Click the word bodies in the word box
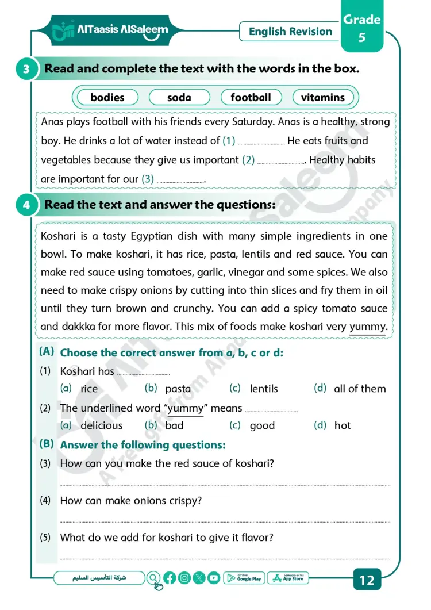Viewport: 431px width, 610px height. pos(107,98)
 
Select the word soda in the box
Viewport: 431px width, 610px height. pos(179,98)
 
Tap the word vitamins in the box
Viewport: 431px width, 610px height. pos(322,98)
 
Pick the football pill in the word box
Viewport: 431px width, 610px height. pos(251,98)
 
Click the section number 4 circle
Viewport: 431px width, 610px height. pos(26,205)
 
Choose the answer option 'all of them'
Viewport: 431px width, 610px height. pos(360,389)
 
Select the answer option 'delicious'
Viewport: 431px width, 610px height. pos(101,426)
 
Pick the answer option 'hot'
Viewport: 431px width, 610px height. pos(343,426)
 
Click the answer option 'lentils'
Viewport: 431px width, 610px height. pos(264,389)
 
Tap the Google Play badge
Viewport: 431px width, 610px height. pos(243,578)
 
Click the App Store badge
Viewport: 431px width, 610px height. pos(288,578)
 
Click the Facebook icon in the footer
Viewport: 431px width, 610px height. pos(170,578)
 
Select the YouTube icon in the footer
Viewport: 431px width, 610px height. pos(214,578)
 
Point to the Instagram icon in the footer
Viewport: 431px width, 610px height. pos(184,578)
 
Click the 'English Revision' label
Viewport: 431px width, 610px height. pos(290,32)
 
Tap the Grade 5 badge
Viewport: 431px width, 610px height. pos(361,28)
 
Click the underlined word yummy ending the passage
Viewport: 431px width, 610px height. pos(368,327)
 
